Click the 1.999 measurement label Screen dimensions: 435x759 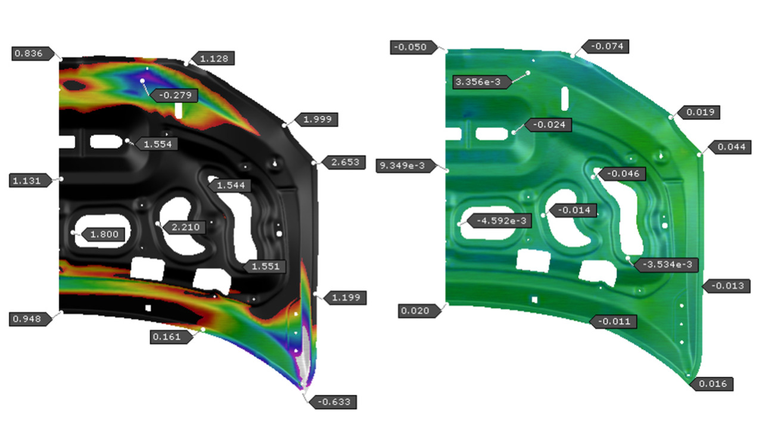pyautogui.click(x=316, y=120)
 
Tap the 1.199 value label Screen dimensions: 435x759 pyautogui.click(x=345, y=297)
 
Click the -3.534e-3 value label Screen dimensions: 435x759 pyautogui.click(x=667, y=265)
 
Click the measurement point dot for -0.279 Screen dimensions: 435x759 pyautogui.click(x=142, y=80)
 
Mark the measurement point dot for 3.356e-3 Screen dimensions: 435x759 pyautogui.click(x=528, y=73)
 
